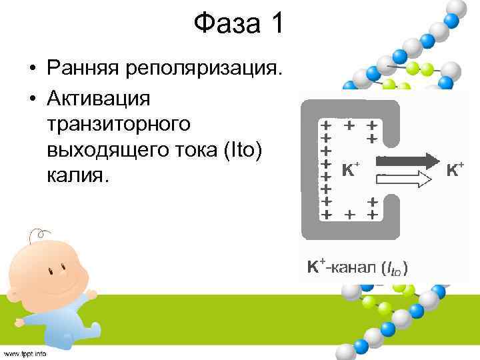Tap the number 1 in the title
pos(276,25)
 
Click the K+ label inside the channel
pos(351,170)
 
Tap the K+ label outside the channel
pos(455,169)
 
